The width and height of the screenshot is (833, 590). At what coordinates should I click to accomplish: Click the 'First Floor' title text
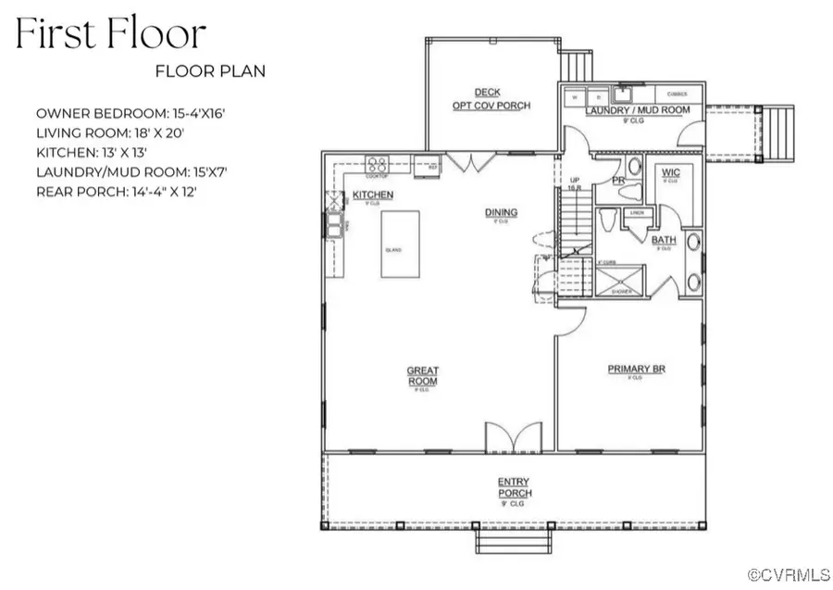110,34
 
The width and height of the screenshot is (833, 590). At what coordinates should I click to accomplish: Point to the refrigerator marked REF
427,167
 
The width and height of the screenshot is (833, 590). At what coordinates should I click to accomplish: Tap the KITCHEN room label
373,195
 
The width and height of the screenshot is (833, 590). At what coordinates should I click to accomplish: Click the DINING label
501,213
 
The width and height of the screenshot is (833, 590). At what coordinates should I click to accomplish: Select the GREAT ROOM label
422,375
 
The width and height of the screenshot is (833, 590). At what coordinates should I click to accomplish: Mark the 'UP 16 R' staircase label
574,182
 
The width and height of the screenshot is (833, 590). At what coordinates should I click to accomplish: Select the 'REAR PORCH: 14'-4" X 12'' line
116,192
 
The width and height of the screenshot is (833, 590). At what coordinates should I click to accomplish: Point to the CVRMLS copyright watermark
789,575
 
